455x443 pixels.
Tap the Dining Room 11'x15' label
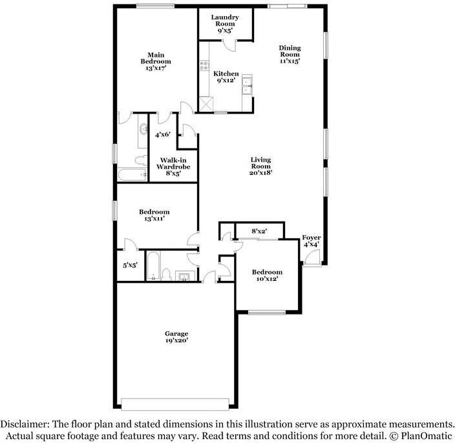tap(290, 55)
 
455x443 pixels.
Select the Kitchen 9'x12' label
tap(226, 77)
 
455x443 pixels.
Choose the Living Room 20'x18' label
tap(261, 166)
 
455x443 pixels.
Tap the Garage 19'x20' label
tap(176, 337)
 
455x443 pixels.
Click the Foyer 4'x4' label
tap(312, 241)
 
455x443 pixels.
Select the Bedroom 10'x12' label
tap(267, 276)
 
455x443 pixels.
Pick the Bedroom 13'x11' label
tap(154, 216)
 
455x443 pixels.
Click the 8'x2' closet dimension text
tap(259, 231)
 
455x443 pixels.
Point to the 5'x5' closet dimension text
tap(131, 265)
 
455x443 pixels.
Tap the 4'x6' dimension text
tap(163, 135)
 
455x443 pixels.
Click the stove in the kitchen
tap(204, 65)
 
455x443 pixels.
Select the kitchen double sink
tap(247, 85)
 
